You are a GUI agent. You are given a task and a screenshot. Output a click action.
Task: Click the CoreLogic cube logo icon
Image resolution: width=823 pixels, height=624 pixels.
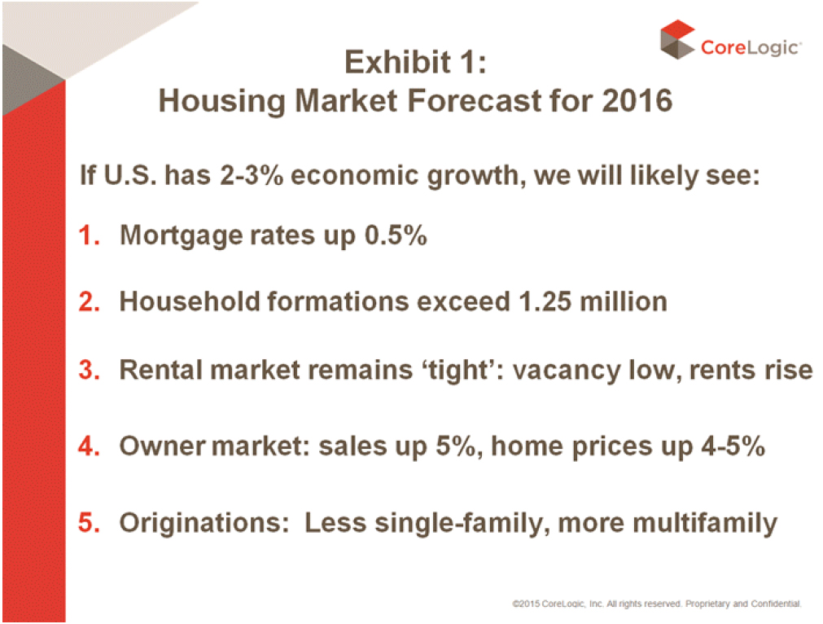pyautogui.click(x=677, y=39)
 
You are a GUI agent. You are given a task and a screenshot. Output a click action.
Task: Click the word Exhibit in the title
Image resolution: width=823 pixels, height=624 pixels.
pyautogui.click(x=397, y=62)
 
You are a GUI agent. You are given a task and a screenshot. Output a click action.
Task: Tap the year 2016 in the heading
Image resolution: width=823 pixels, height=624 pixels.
pyautogui.click(x=637, y=100)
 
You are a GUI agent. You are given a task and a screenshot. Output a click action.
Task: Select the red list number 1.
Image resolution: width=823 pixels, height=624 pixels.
pyautogui.click(x=90, y=235)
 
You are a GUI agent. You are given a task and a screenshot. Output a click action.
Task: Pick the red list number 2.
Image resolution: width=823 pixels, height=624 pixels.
pyautogui.click(x=90, y=302)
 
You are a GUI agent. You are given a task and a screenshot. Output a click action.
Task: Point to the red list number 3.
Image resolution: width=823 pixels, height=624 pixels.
pyautogui.click(x=90, y=370)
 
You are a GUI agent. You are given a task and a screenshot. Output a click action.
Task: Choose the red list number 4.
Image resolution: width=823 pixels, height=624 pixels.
pyautogui.click(x=90, y=446)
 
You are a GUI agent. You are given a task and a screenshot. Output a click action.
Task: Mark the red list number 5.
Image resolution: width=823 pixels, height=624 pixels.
pyautogui.click(x=90, y=523)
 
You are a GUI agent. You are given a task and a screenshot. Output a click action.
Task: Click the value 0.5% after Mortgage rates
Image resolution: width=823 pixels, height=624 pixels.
pyautogui.click(x=396, y=235)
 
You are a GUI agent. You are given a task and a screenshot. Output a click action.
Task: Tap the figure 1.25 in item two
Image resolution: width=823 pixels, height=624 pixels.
pyautogui.click(x=545, y=302)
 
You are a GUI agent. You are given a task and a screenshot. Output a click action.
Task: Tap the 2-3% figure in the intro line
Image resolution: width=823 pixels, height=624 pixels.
pyautogui.click(x=252, y=175)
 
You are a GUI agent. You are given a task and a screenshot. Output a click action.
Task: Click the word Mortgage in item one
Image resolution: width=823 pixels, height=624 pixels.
pyautogui.click(x=181, y=236)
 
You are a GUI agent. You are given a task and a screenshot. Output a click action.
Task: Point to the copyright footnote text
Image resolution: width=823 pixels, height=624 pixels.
pyautogui.click(x=657, y=604)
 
